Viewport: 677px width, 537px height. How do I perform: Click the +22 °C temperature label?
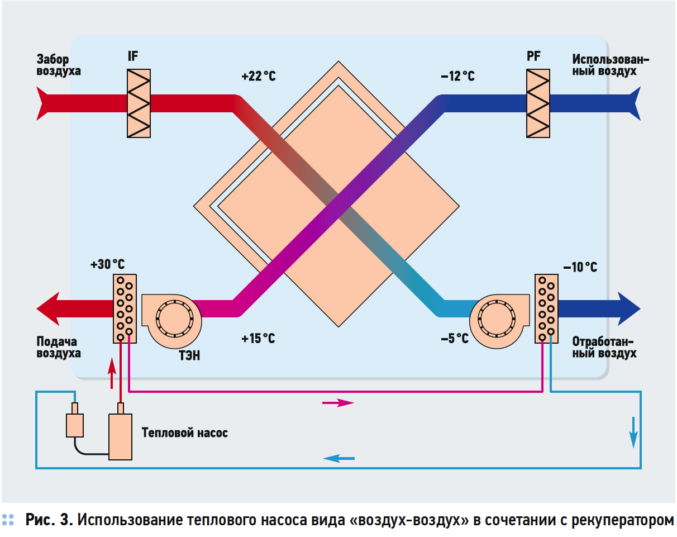coord(259,77)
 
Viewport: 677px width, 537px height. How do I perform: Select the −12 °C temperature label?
coord(457,77)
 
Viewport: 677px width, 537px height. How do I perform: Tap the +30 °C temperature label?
coord(107,264)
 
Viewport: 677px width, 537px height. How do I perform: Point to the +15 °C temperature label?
coord(258,339)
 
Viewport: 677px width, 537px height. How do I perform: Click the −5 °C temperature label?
coord(454,339)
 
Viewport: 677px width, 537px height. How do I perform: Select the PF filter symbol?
coord(538,103)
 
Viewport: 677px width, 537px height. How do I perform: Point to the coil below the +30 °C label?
coord(125,308)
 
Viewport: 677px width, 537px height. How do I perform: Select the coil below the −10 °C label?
coord(546,308)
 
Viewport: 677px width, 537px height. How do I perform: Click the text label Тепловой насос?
coord(185,433)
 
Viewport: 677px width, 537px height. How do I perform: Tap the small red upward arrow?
coord(112,373)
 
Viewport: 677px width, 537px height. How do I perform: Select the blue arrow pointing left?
coord(338,459)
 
